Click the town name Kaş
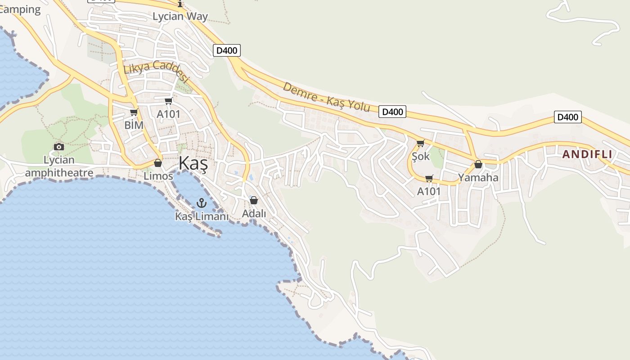[193, 163]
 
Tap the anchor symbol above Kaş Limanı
[201, 203]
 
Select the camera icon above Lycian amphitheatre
[58, 147]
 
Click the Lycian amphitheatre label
[59, 166]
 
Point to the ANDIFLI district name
[587, 154]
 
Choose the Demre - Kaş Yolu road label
[326, 97]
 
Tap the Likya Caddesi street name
[156, 72]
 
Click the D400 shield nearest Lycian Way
[227, 50]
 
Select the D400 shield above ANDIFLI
[567, 117]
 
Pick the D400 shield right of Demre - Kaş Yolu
[392, 112]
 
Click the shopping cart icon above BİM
[134, 112]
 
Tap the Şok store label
[421, 157]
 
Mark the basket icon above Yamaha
[478, 165]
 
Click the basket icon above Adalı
[254, 200]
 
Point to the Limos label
[158, 176]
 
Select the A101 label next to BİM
[168, 114]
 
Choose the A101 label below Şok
[429, 191]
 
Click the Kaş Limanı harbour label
[202, 216]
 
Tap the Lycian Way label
[180, 17]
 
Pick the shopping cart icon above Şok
[420, 144]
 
